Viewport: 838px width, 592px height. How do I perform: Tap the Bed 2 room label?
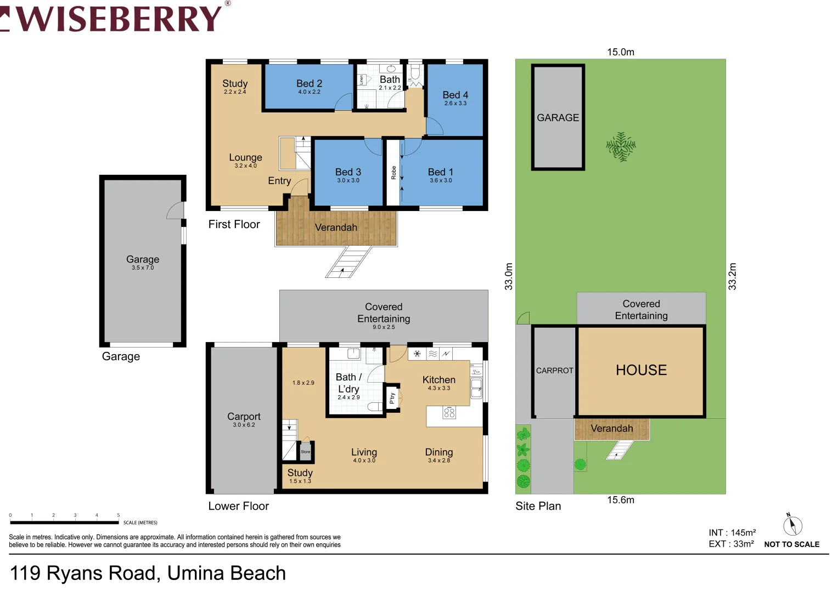(x=309, y=83)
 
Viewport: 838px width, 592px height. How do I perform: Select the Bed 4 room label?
(x=455, y=95)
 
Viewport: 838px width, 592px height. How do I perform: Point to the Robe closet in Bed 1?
(x=393, y=173)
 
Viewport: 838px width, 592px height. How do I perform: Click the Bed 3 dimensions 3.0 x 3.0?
(x=348, y=180)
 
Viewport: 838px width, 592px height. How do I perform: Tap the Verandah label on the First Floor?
(x=336, y=227)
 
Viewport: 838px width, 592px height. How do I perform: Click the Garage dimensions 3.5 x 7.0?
(x=143, y=268)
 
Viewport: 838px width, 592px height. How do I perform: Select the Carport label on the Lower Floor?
(x=244, y=417)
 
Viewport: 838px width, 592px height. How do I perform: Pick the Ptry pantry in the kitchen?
(x=392, y=398)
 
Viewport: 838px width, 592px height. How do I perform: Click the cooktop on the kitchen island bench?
(x=449, y=413)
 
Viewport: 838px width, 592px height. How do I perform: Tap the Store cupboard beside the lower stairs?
(x=306, y=452)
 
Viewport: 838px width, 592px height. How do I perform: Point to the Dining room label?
(x=438, y=452)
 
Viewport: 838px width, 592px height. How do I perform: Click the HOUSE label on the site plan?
(x=641, y=370)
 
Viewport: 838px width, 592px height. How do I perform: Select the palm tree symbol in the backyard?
(x=621, y=146)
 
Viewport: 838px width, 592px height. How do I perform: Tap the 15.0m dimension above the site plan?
(x=620, y=52)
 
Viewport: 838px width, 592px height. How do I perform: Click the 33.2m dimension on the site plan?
(x=732, y=276)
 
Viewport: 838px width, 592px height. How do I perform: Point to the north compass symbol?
(x=792, y=526)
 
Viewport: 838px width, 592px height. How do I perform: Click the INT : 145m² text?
(x=732, y=533)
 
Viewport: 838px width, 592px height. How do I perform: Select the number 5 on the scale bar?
(x=118, y=515)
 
